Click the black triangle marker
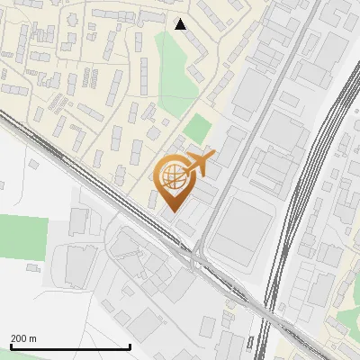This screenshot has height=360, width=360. point(181,24)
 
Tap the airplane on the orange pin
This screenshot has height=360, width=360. point(201,164)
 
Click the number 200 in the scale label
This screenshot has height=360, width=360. point(19,337)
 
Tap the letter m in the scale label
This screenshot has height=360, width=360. point(32,337)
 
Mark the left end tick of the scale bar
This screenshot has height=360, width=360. point(11,346)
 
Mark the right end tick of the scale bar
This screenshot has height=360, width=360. point(130,346)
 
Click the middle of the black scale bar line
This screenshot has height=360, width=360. point(70,347)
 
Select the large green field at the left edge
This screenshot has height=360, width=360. point(22,237)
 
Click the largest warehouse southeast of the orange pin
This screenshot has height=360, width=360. point(241,225)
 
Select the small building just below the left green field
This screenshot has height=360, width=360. point(33,267)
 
